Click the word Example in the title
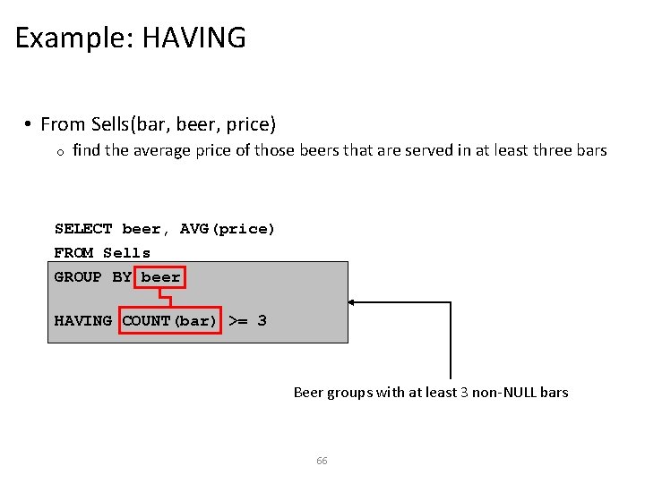point(71,38)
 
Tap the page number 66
point(322,461)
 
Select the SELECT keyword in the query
point(83,230)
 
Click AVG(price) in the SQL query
point(228,230)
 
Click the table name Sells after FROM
point(127,253)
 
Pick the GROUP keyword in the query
point(78,277)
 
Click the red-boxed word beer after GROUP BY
point(161,277)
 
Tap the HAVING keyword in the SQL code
point(83,320)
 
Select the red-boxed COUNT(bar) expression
point(170,320)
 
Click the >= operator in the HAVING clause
point(238,320)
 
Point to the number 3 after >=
point(262,320)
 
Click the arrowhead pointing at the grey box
point(354,302)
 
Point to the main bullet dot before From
point(30,123)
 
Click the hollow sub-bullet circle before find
point(58,152)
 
